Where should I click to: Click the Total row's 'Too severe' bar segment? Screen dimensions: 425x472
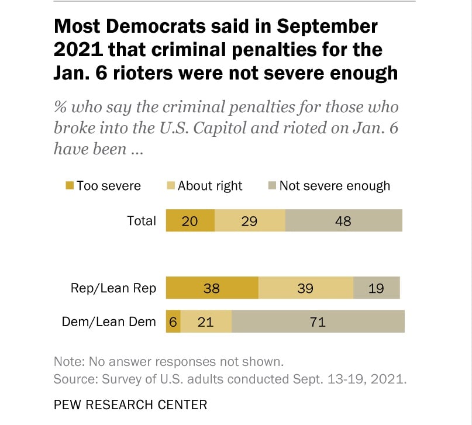191,221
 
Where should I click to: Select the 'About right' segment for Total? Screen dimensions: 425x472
250,221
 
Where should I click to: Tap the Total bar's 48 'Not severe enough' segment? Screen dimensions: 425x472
344,221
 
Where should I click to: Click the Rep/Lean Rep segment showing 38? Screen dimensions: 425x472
212,288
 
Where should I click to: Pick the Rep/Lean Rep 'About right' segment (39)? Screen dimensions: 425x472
305,288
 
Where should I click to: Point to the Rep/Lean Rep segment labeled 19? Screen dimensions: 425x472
376,288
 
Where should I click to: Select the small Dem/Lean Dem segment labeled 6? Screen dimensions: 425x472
173,322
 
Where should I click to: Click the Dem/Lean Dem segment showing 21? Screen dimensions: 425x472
206,322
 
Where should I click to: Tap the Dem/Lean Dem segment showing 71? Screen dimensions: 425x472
318,322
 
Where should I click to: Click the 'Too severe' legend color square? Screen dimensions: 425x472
70,186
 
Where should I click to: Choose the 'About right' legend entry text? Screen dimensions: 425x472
210,186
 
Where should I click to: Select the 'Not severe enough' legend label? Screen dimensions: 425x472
334,186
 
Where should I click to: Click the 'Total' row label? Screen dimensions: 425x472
142,221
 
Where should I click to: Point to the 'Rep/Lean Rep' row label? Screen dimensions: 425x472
113,288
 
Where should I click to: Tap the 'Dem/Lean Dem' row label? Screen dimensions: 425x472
109,322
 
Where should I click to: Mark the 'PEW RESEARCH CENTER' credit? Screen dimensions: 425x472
130,405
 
